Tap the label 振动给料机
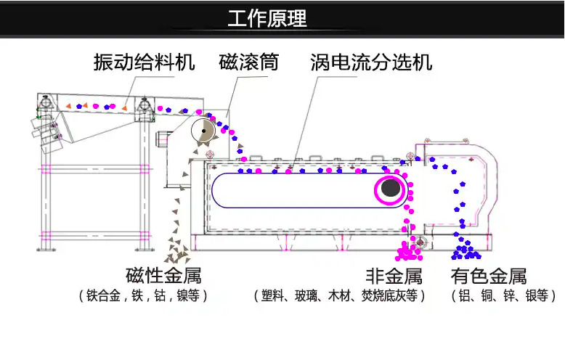[x=145, y=62]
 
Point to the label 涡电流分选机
[x=370, y=62]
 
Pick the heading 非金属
[x=393, y=277]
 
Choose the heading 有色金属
[x=488, y=277]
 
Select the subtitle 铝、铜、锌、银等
[x=503, y=296]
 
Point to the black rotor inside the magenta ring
[x=391, y=189]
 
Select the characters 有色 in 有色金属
[x=469, y=277]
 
